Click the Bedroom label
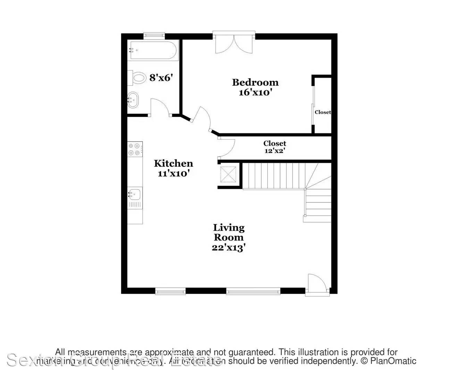coord(255,82)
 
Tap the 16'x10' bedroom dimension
coord(255,92)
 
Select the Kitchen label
coord(173,163)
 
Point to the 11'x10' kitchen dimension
coord(173,173)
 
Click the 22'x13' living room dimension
coord(229,248)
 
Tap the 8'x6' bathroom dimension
coord(161,77)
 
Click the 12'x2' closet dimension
coord(275,151)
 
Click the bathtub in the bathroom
coord(153,51)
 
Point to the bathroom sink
coord(133,100)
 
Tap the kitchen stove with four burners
coord(135,149)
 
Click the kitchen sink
coord(135,194)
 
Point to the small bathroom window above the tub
coord(154,34)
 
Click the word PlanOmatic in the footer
coord(393,361)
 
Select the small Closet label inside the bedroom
coord(322,112)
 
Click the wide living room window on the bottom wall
coord(253,291)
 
